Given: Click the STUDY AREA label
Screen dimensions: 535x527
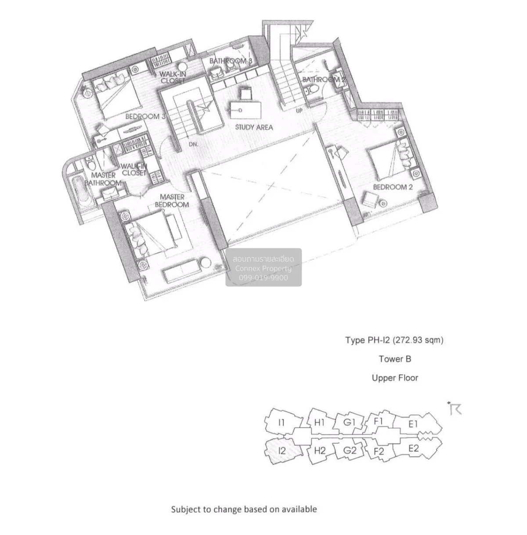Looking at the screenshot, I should pyautogui.click(x=254, y=127).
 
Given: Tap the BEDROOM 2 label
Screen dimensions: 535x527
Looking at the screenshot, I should pyautogui.click(x=393, y=187).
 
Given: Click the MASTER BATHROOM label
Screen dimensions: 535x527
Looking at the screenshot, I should pyautogui.click(x=103, y=179).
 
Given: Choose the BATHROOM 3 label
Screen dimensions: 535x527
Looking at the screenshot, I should pyautogui.click(x=231, y=61).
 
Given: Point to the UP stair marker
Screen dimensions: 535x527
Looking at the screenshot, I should pyautogui.click(x=299, y=111).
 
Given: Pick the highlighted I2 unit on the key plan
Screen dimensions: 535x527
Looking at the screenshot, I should pyautogui.click(x=282, y=451).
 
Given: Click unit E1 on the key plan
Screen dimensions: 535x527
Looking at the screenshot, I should pyautogui.click(x=413, y=424).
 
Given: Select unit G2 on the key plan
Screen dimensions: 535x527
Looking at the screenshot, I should pyautogui.click(x=349, y=450).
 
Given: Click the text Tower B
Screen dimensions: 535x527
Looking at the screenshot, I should pyautogui.click(x=395, y=359).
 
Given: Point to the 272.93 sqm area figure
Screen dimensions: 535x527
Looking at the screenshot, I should pyautogui.click(x=418, y=340).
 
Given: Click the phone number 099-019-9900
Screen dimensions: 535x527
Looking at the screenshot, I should pyautogui.click(x=263, y=278).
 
